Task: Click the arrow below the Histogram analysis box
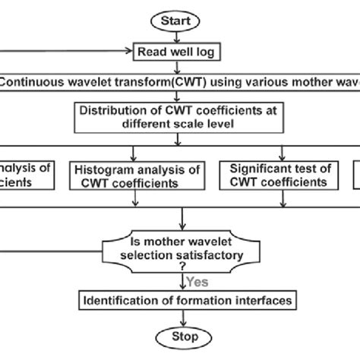[x=134, y=199]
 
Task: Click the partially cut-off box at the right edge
[x=355, y=174]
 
